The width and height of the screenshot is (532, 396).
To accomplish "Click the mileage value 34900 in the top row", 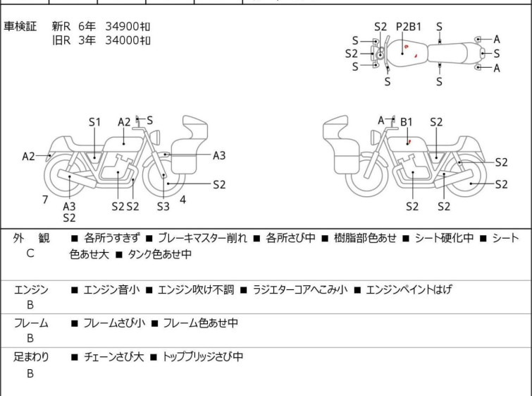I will tap(121, 26).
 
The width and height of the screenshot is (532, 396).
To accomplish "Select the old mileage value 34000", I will tap(121, 40).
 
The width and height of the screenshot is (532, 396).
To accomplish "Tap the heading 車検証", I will tap(21, 26).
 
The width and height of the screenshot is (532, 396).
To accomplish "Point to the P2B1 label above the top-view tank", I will tap(409, 27).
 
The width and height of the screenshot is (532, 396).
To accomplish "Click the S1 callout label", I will tap(95, 122).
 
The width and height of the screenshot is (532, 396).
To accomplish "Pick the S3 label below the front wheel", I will tap(163, 207).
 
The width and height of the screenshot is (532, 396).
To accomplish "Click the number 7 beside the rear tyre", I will tap(45, 200).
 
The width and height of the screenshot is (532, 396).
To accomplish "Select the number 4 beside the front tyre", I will tap(183, 200).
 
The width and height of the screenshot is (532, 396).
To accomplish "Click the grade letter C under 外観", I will tap(30, 252).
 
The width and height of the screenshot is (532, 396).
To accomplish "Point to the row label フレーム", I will tap(31, 323).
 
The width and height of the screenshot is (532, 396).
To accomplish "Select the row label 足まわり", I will tap(31, 357).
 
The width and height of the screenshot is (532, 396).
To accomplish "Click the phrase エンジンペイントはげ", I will tap(409, 289).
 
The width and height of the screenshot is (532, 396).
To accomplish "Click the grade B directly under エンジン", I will tap(30, 304).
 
